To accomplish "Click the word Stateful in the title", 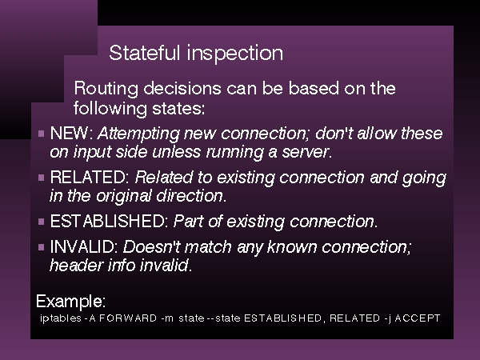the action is tap(145, 53).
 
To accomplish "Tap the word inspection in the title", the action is tap(235, 54).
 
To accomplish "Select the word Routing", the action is tap(106, 90).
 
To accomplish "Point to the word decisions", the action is tap(182, 88).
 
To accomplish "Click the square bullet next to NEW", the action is tap(42, 134).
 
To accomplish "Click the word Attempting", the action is tap(138, 134).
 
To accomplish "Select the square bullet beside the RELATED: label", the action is tap(42, 178).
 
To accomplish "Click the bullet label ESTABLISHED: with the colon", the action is tap(110, 221).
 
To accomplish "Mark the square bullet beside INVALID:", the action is tap(42, 247).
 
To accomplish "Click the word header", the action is tap(76, 265).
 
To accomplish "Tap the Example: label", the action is tap(70, 302).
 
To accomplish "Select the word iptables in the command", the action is tap(61, 318).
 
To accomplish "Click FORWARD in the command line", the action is tap(128, 318).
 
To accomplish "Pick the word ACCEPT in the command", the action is tap(418, 318).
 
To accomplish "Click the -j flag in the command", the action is tap(387, 319).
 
